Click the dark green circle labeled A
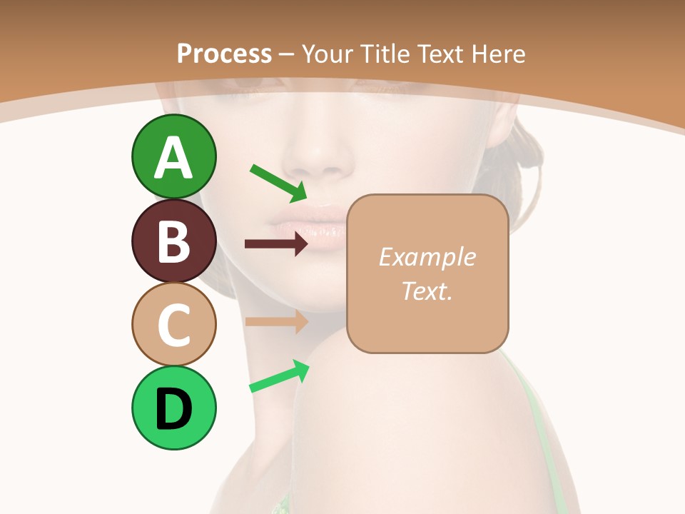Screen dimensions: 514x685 [x=173, y=156]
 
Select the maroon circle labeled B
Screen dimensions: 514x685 [x=173, y=241]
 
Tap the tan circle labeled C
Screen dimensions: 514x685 [x=173, y=325]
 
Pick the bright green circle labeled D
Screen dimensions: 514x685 [x=173, y=408]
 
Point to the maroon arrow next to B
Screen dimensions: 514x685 [x=275, y=244]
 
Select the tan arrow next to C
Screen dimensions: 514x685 [x=275, y=321]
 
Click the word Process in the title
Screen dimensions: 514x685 [x=224, y=54]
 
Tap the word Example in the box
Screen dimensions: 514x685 [x=427, y=257]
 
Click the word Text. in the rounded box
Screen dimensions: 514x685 [x=427, y=291]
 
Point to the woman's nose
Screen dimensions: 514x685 [x=321, y=161]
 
